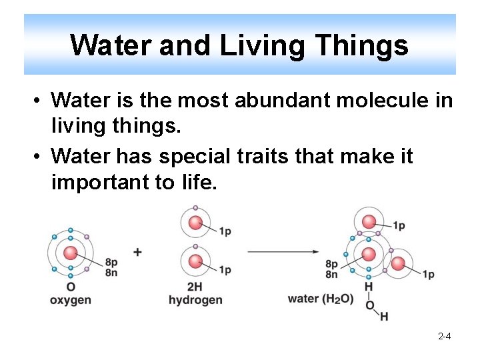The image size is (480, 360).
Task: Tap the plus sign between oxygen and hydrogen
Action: point(138,252)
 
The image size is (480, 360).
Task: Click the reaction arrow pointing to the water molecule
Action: point(283,251)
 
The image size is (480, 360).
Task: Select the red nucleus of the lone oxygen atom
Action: point(70,253)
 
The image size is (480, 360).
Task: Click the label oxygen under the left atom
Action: point(70,300)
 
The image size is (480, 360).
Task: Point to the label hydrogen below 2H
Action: point(195,300)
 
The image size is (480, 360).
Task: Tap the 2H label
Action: point(195,287)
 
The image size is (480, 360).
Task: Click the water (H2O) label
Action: point(321,299)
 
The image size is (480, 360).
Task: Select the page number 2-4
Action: point(444,337)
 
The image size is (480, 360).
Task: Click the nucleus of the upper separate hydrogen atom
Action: point(195,223)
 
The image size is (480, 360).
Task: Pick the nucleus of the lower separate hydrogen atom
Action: point(195,261)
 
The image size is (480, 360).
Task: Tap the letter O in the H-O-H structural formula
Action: point(369,305)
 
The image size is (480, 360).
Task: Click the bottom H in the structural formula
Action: point(385,316)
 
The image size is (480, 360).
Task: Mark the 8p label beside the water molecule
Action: point(331,264)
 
